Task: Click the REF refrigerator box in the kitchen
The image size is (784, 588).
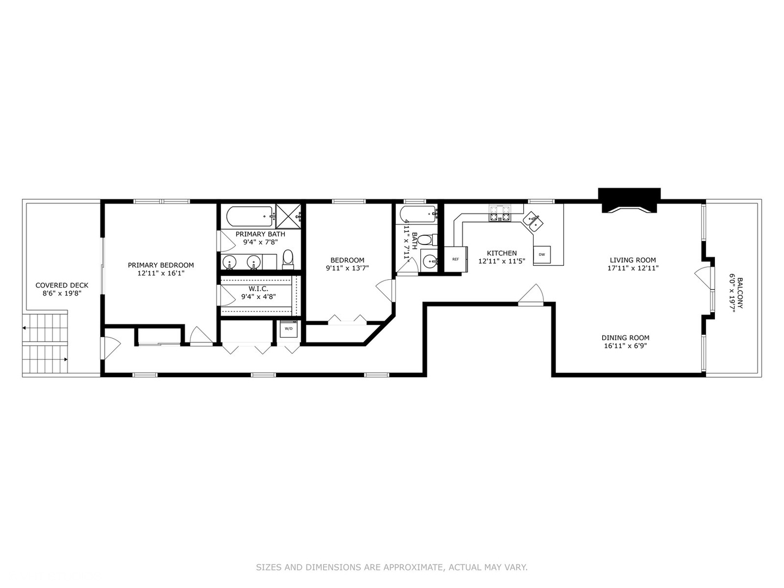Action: click(x=456, y=259)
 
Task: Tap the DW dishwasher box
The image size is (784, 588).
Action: click(x=542, y=254)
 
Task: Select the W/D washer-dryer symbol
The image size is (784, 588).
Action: click(x=289, y=329)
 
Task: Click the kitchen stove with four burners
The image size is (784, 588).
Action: click(x=500, y=213)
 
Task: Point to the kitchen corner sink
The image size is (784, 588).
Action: click(x=532, y=222)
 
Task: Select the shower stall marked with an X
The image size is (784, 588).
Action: click(x=289, y=217)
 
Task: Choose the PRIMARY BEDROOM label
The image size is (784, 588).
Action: click(x=161, y=265)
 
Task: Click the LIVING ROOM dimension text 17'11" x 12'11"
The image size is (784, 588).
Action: click(x=633, y=268)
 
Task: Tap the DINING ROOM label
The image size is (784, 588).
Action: click(x=625, y=338)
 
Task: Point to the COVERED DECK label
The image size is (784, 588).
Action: click(x=62, y=285)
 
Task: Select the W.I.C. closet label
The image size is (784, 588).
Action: click(x=259, y=289)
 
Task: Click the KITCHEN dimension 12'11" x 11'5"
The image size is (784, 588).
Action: click(x=501, y=261)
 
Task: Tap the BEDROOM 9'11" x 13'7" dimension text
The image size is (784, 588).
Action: click(x=347, y=268)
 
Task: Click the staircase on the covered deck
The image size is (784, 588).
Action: click(x=45, y=344)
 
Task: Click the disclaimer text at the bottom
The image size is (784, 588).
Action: click(x=391, y=567)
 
